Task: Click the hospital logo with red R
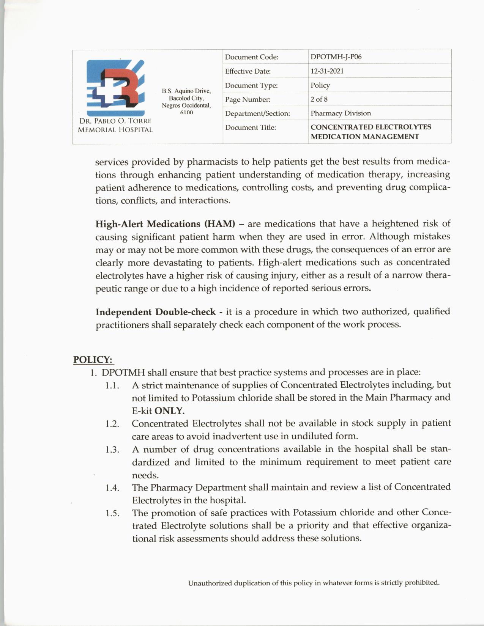[115, 88]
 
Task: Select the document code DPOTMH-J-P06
[336, 57]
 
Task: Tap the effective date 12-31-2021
[327, 71]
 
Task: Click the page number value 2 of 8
[319, 99]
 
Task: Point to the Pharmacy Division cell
[341, 113]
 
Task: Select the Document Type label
[251, 85]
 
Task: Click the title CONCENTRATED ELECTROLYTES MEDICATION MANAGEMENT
[370, 132]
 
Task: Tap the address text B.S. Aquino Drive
[186, 91]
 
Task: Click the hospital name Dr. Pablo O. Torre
[115, 121]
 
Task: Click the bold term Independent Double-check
[155, 312]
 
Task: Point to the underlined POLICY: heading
[93, 360]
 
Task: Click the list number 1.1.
[112, 385]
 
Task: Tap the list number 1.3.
[112, 450]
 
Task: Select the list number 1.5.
[112, 513]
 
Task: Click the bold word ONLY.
[169, 411]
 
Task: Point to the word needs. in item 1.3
[145, 475]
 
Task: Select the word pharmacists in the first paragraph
[212, 162]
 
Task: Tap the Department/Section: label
[257, 113]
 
